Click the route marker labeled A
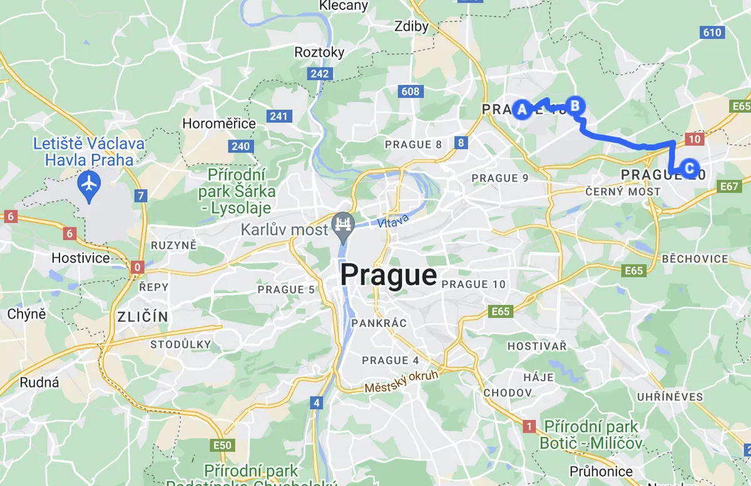pyautogui.click(x=521, y=110)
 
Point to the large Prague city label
pyautogui.click(x=388, y=275)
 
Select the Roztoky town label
pyautogui.click(x=319, y=53)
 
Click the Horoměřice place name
pyautogui.click(x=219, y=123)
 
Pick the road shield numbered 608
pyautogui.click(x=410, y=91)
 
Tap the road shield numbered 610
pyautogui.click(x=712, y=33)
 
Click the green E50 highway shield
pyautogui.click(x=222, y=446)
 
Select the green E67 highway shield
pyautogui.click(x=730, y=186)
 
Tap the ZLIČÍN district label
pyautogui.click(x=143, y=317)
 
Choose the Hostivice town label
pyautogui.click(x=81, y=258)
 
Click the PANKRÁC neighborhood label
pyautogui.click(x=379, y=323)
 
